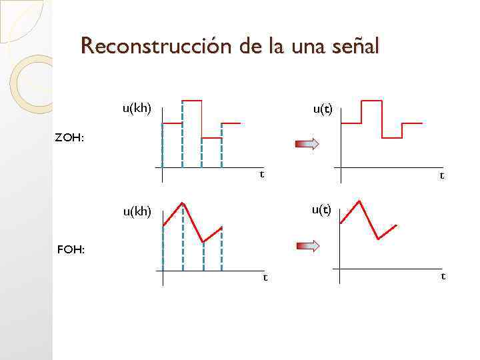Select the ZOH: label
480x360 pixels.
point(69,138)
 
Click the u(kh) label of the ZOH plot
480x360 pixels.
point(136,107)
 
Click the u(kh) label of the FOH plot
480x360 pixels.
point(136,212)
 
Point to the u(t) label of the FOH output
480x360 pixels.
point(321,210)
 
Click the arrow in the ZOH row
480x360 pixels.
point(308,143)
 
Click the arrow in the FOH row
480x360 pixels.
point(308,246)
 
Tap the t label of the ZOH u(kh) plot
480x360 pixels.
point(261,174)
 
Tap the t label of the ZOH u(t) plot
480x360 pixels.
point(441,175)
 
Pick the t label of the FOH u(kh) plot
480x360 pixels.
point(265,277)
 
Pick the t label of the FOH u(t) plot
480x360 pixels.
point(443,275)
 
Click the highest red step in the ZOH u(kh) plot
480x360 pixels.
point(192,100)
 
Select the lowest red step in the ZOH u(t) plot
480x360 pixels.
point(392,137)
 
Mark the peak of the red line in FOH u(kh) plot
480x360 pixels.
point(183,202)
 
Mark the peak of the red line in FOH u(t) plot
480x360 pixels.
point(360,201)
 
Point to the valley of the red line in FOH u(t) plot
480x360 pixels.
point(378,238)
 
